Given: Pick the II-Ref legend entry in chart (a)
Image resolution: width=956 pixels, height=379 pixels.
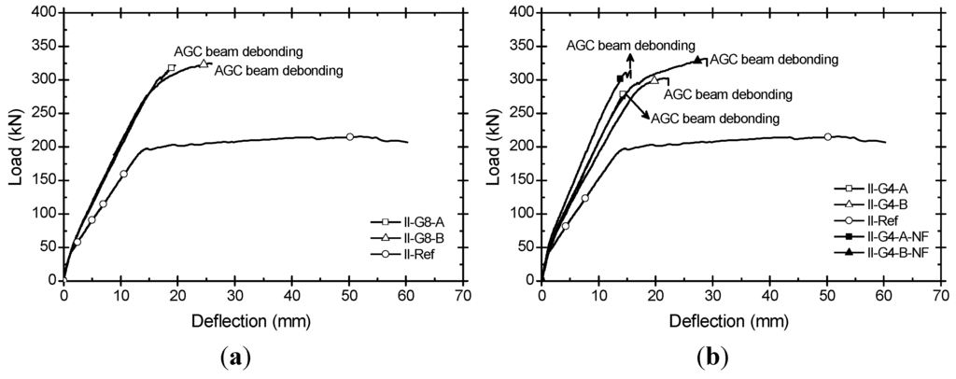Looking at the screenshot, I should coord(412,253).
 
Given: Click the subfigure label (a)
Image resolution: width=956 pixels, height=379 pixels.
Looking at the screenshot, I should coord(233,357).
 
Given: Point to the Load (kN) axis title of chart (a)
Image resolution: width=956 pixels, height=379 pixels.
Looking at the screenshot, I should coord(16,146).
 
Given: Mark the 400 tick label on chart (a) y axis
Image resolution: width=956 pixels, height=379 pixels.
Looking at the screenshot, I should coord(45,12).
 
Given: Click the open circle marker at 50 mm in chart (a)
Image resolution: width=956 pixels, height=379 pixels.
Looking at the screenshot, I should coord(350,136).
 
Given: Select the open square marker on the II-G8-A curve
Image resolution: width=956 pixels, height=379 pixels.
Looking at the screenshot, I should coord(171,68).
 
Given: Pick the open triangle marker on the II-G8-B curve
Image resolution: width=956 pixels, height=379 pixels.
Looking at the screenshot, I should coord(203,63).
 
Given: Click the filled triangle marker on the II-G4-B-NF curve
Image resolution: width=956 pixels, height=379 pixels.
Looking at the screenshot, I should coord(696,60).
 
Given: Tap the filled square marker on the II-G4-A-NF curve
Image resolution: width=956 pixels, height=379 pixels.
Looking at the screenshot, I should coord(620,78).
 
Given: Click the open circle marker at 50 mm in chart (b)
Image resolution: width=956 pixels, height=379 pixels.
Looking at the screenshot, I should coord(827,136).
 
